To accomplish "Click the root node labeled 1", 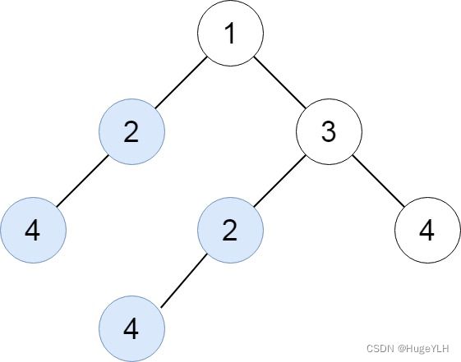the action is pos(230,33).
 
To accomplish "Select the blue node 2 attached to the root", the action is pos(131,131).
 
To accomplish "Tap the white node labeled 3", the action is pos(329,131).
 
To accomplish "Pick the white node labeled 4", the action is pos(427,230).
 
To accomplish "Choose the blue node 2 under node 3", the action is pos(230,230).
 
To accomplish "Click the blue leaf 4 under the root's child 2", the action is pos(33,230).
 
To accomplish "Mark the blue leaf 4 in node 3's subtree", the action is pos(131,329).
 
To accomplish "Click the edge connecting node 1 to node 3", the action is pos(280,82).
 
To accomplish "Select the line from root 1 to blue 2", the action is pos(181,82).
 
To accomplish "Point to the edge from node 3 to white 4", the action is pos(378,181).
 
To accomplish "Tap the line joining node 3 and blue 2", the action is pos(280,181).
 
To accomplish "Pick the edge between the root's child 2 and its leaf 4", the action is pos(82,181).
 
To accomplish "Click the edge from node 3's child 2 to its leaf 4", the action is pos(184,280).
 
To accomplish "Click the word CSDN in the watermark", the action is pos(380,349).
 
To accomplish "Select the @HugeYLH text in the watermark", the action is pos(423,349).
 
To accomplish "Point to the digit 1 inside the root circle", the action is pos(230,33).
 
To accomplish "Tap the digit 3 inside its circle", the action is pos(329,132).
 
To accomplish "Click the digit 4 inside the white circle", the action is pos(426,231).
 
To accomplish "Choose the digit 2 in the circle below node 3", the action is pos(229,231).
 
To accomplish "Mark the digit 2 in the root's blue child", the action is pos(131,132).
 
